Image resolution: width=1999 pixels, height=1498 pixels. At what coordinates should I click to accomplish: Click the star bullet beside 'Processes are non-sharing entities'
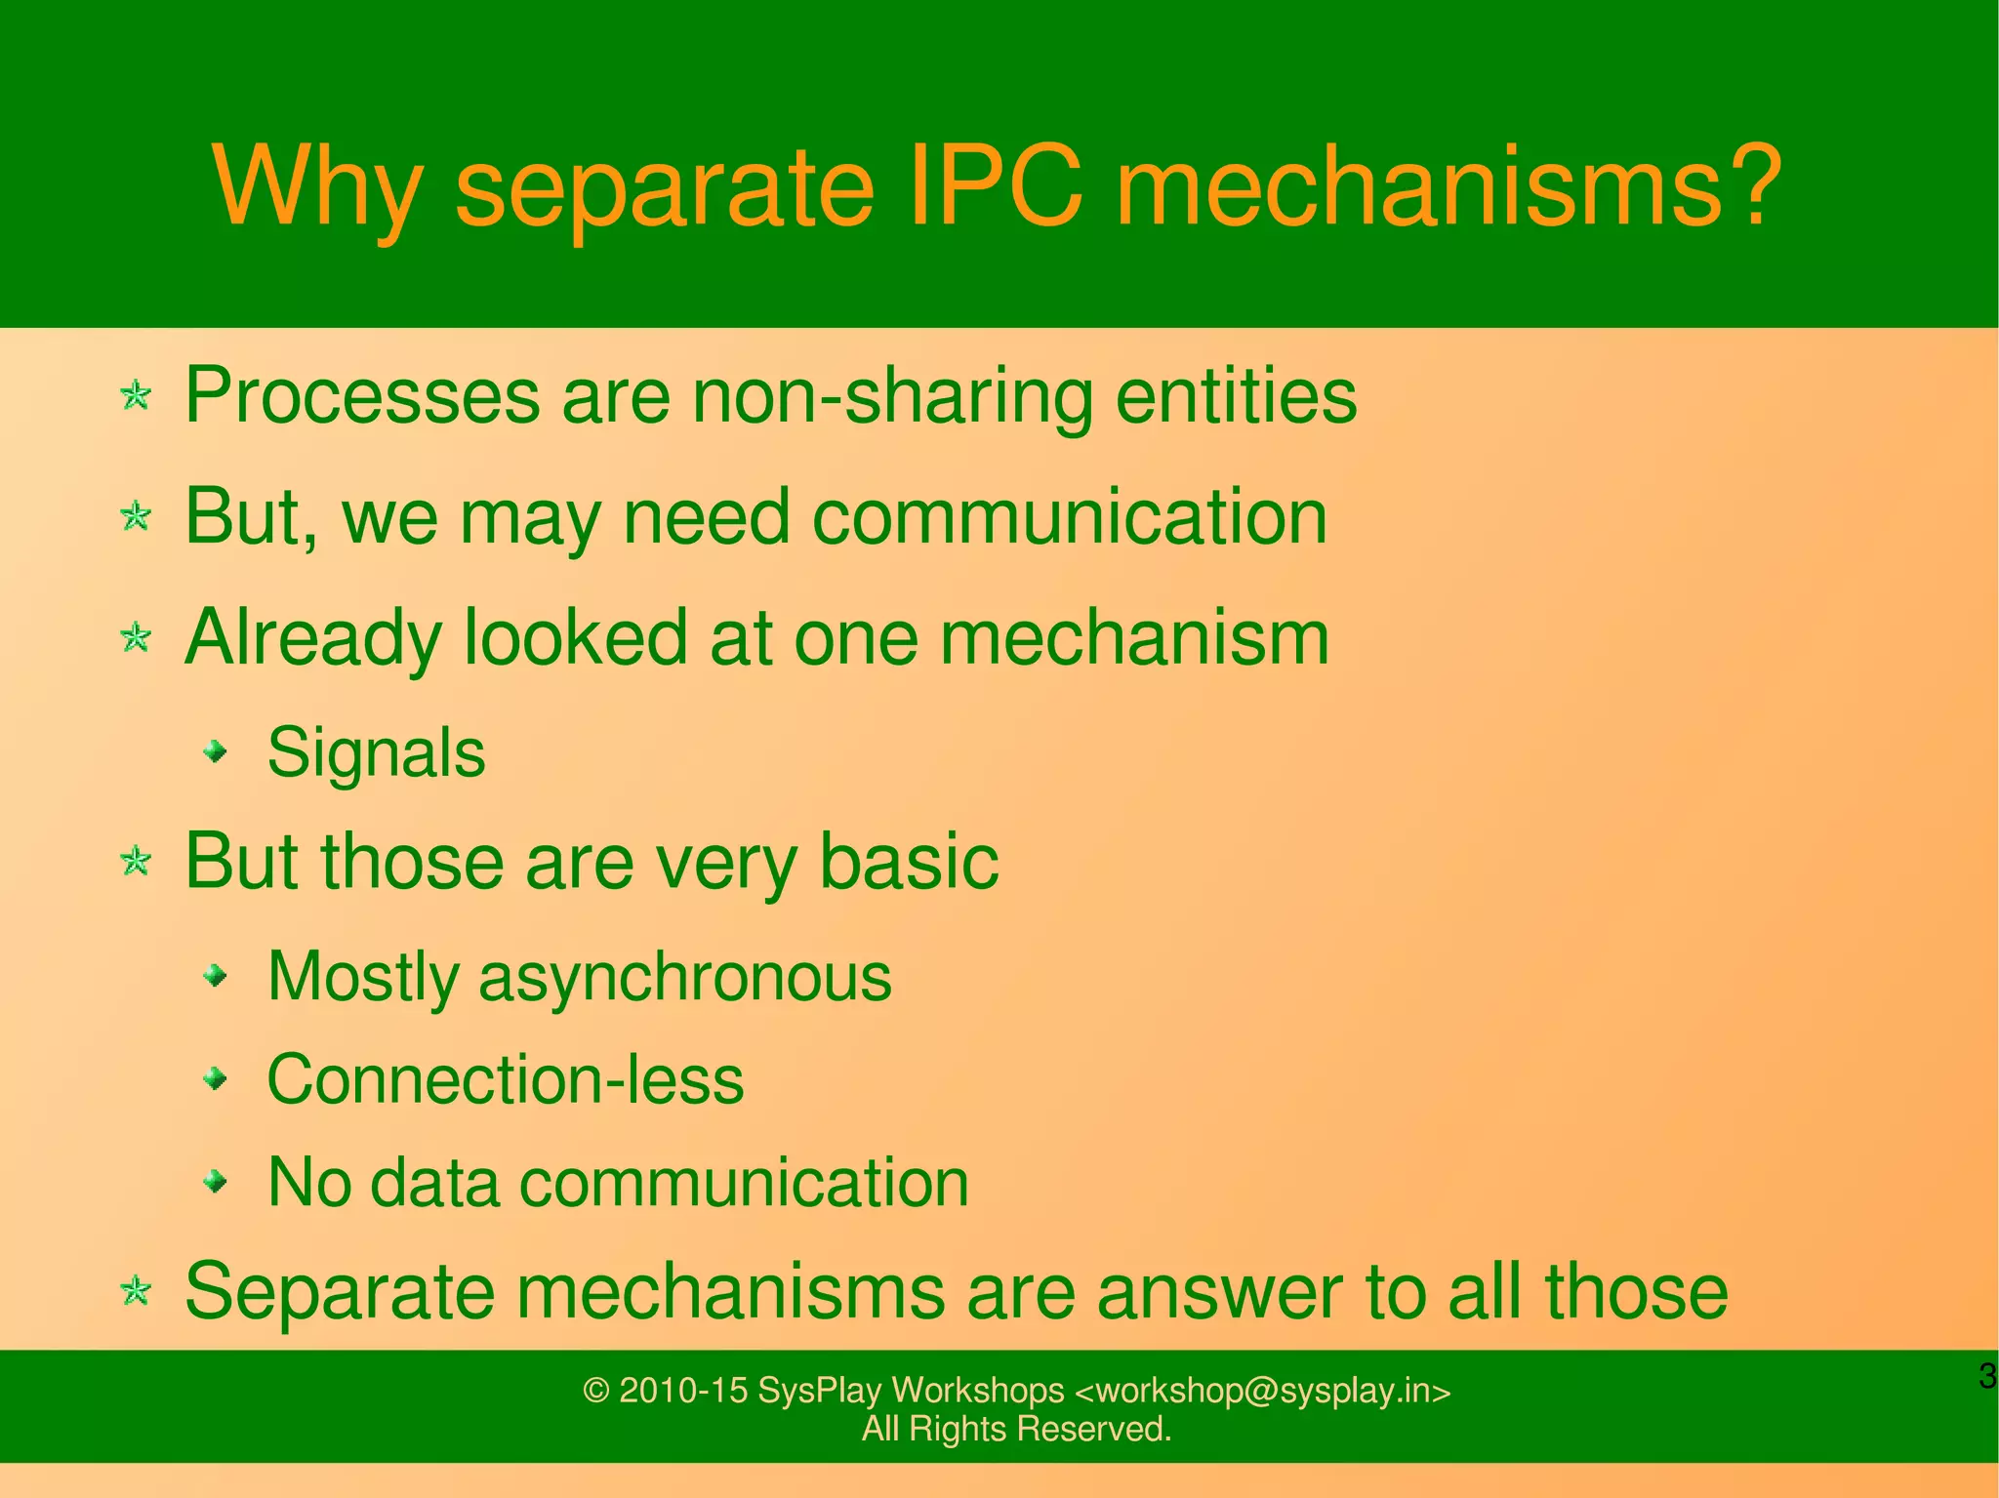point(136,396)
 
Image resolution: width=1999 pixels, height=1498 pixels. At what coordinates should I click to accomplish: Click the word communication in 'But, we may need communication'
point(1070,517)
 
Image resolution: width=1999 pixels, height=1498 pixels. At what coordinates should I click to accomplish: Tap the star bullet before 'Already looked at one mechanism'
point(136,639)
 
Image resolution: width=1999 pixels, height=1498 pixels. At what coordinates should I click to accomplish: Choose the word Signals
point(376,753)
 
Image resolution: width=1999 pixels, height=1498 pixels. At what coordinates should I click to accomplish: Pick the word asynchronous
point(685,977)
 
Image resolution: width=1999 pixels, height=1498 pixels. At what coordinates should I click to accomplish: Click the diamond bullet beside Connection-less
point(216,1078)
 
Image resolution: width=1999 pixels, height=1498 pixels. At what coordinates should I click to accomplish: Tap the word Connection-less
point(506,1080)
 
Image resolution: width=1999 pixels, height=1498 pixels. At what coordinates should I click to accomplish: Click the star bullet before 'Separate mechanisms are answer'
point(136,1292)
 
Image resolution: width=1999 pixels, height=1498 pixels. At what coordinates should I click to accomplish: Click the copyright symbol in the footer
point(595,1391)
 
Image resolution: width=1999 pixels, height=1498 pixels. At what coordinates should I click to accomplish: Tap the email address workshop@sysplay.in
point(1262,1391)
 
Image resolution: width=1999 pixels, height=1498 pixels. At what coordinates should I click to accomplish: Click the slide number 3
point(1986,1377)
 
